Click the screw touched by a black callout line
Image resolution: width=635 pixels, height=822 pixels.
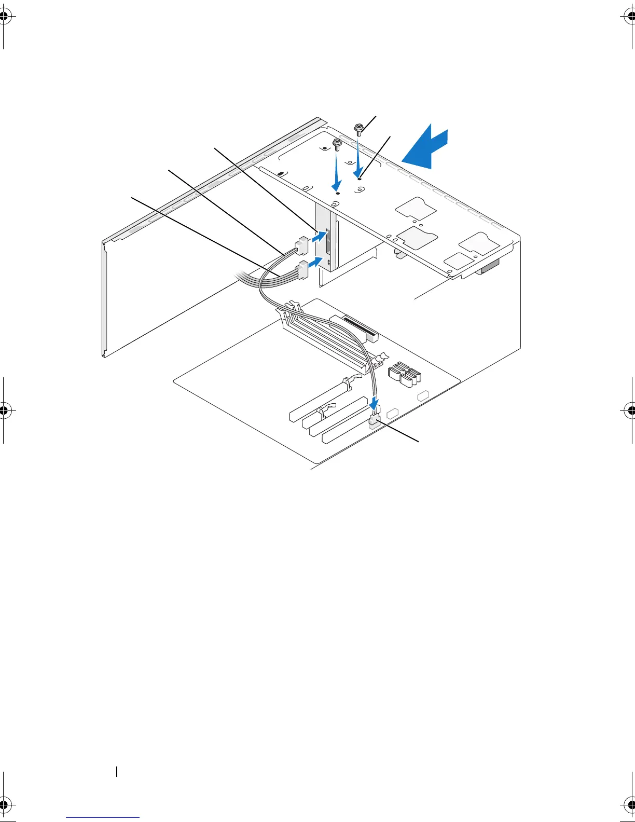tap(358, 128)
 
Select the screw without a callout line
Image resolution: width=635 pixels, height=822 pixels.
tap(337, 144)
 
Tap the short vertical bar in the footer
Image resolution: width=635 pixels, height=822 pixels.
tap(117, 772)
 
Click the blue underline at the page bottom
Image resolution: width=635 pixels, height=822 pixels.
tap(103, 818)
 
